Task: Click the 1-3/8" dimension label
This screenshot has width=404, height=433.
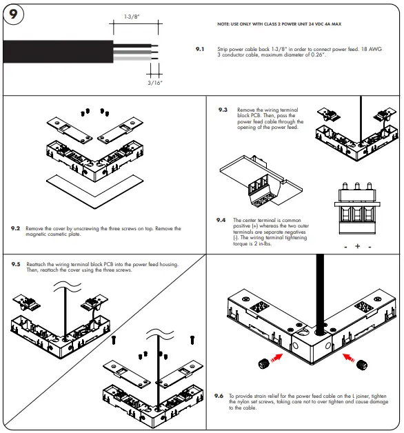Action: (132, 16)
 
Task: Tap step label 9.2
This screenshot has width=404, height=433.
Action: (15, 227)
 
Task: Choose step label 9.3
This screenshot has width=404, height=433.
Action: (223, 110)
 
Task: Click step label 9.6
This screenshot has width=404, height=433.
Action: (219, 396)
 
